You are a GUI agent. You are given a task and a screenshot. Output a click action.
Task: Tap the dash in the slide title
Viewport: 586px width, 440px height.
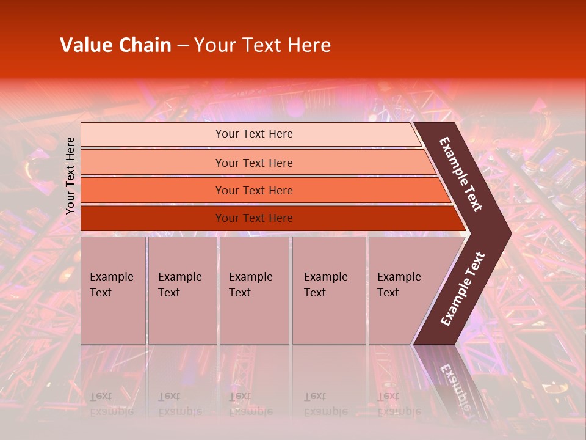[183, 46]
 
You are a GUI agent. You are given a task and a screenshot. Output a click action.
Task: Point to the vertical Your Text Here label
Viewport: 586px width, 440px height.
[70, 175]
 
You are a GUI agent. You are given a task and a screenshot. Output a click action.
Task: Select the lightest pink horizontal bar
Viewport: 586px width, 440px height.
[153, 134]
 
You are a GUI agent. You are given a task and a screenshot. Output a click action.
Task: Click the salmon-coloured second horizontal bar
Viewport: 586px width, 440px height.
[153, 163]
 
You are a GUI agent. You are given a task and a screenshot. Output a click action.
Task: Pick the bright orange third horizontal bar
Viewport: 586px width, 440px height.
[153, 191]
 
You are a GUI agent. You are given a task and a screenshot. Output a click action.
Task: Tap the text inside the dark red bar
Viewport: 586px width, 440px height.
[254, 218]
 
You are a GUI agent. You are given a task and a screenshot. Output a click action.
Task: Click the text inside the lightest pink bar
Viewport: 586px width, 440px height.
[254, 134]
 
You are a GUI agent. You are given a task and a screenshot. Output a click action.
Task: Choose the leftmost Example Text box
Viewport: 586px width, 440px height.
[113, 290]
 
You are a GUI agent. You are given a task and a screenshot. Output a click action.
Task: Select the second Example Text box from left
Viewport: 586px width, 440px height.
[182, 290]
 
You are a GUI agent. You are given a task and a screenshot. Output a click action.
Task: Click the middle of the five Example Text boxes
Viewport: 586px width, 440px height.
[254, 290]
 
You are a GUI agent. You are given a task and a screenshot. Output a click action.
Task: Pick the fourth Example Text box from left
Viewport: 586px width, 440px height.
[328, 290]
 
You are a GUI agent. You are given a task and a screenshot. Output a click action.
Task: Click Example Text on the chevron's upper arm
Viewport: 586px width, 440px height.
[461, 174]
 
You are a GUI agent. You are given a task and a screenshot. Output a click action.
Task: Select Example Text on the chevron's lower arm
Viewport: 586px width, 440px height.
[463, 288]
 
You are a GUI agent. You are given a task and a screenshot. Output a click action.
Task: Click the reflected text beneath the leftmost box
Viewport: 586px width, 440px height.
[111, 404]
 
